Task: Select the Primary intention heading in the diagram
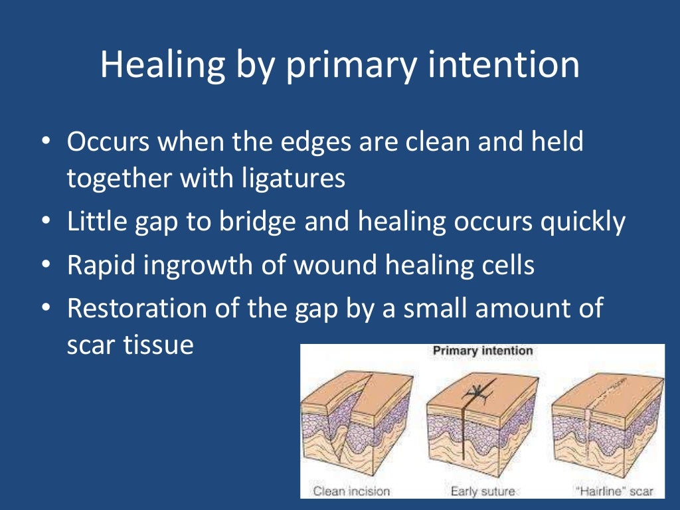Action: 482,351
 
